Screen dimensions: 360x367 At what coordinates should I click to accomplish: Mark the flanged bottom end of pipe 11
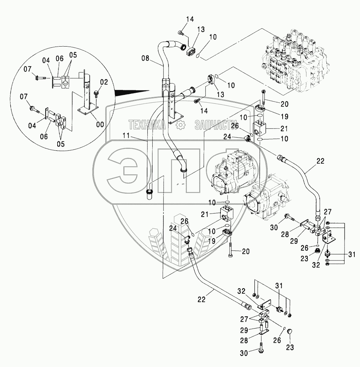tap(150, 193)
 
